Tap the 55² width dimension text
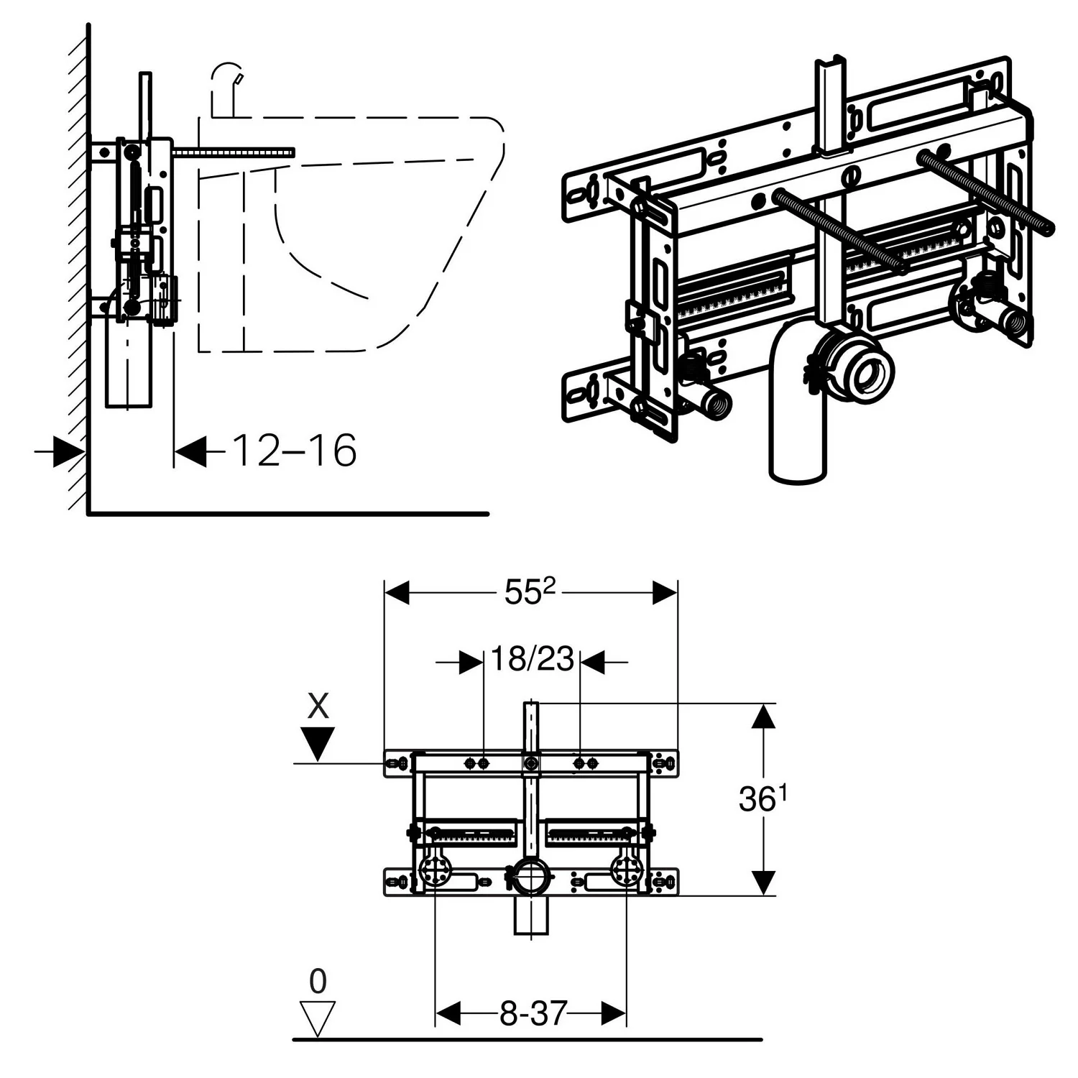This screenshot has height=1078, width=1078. click(530, 593)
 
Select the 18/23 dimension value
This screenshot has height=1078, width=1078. click(533, 658)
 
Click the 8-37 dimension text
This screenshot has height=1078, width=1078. click(532, 1014)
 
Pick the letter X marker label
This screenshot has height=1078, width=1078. click(318, 706)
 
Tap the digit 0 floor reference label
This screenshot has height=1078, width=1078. click(318, 981)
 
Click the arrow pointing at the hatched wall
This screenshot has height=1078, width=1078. click(60, 453)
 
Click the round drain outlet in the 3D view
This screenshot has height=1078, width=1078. click(869, 366)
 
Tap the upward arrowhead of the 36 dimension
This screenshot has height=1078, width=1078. click(763, 719)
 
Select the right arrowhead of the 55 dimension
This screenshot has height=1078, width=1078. click(665, 594)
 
